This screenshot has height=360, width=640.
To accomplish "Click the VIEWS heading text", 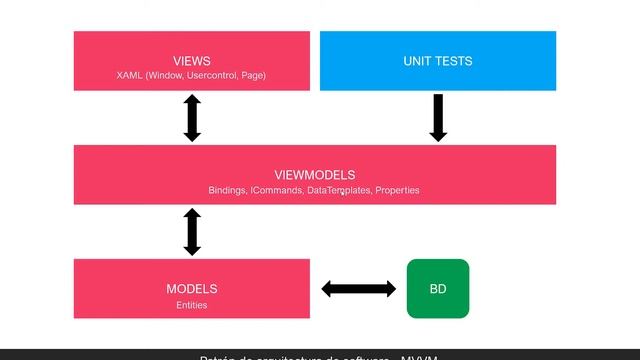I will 191,61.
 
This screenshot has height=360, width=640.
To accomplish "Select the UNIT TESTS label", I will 438,61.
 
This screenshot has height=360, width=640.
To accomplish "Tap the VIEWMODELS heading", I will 314,175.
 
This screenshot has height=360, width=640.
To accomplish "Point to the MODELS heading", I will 191,289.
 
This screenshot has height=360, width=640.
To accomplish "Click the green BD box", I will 437,289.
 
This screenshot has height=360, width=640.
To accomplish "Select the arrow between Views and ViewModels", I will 192,118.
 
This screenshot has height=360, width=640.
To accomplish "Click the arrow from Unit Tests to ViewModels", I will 437,117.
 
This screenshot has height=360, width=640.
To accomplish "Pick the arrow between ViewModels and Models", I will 192,231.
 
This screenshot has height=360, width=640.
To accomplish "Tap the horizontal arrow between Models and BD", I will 358,289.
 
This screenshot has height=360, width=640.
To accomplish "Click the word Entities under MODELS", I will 191,305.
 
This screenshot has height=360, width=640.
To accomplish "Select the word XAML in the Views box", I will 130,76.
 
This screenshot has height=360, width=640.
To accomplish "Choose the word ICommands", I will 275,190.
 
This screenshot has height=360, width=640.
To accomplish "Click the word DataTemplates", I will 338,190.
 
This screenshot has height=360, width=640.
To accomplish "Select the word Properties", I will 397,190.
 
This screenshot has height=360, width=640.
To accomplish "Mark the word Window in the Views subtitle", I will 165,76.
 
